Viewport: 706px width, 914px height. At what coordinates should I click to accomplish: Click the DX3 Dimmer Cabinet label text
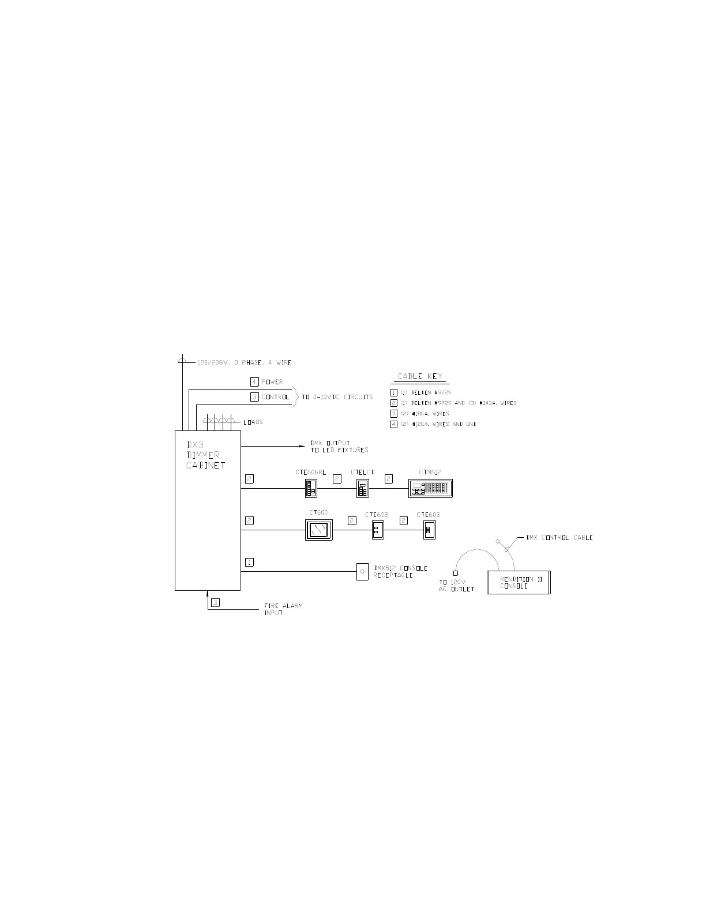coord(205,455)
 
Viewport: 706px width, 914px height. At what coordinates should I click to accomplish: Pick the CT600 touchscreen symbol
coord(318,530)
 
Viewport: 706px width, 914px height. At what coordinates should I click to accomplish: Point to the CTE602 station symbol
coord(377,530)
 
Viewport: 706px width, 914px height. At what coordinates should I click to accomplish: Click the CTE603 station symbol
coord(429,530)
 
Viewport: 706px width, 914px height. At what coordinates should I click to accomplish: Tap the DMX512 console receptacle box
coord(362,572)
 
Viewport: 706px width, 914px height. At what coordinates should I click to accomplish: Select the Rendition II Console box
coord(519,582)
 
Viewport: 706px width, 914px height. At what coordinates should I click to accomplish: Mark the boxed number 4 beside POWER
coord(254,382)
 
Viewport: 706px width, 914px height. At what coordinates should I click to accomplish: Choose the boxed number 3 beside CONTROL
coord(254,397)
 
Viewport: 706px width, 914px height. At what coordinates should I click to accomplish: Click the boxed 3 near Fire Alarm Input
coord(215,603)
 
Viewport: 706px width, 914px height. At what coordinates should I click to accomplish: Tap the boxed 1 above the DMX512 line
coord(249,562)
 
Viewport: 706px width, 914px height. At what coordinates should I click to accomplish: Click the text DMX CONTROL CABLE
coord(559,538)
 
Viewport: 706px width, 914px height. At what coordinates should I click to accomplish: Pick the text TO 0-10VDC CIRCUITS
coord(337,397)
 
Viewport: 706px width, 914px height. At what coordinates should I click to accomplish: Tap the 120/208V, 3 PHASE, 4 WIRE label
coord(245,363)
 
